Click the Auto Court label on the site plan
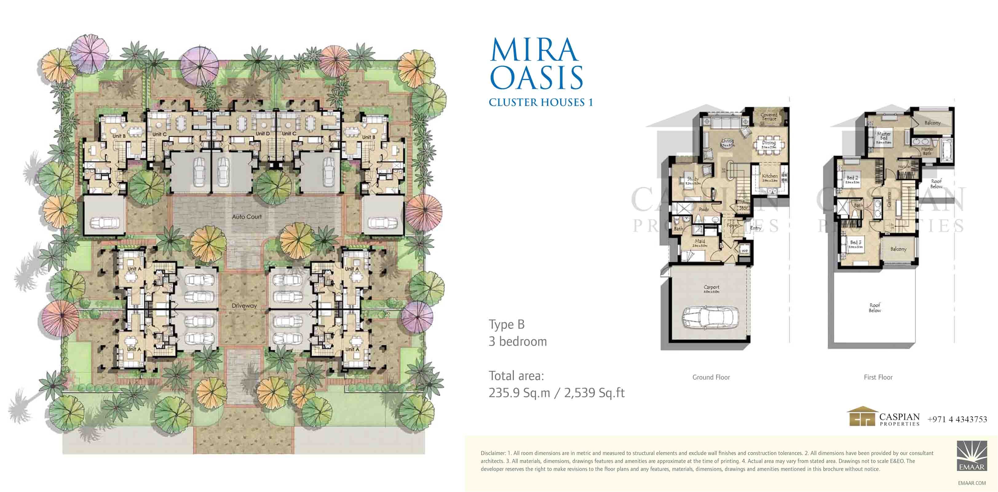[247, 216]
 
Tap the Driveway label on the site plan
[244, 306]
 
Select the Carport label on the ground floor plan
[711, 288]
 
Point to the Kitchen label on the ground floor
[770, 176]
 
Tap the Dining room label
[769, 143]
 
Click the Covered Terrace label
[769, 117]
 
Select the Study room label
[693, 179]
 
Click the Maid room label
[700, 241]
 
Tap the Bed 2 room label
[852, 178]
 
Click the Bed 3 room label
[856, 243]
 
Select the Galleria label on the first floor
[890, 199]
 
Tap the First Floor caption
[878, 377]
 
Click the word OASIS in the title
[537, 78]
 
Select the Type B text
[506, 324]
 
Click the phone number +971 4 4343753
[957, 419]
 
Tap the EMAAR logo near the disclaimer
[972, 456]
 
